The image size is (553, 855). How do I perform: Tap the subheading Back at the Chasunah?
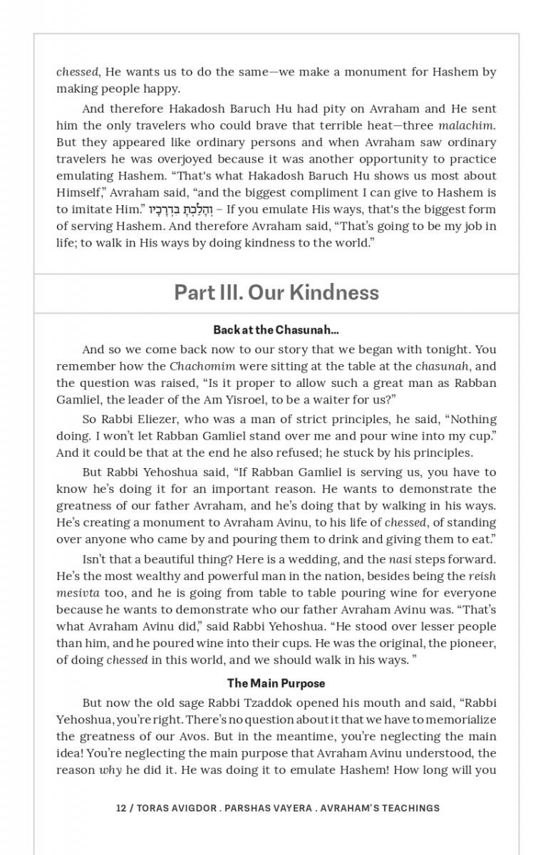click(x=276, y=331)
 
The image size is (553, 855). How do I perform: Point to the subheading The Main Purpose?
click(x=276, y=684)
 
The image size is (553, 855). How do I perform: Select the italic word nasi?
click(x=401, y=559)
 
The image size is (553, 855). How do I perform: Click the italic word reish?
click(x=482, y=576)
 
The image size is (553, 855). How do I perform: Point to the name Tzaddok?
click(x=263, y=703)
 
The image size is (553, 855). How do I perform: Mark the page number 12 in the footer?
click(x=121, y=808)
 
